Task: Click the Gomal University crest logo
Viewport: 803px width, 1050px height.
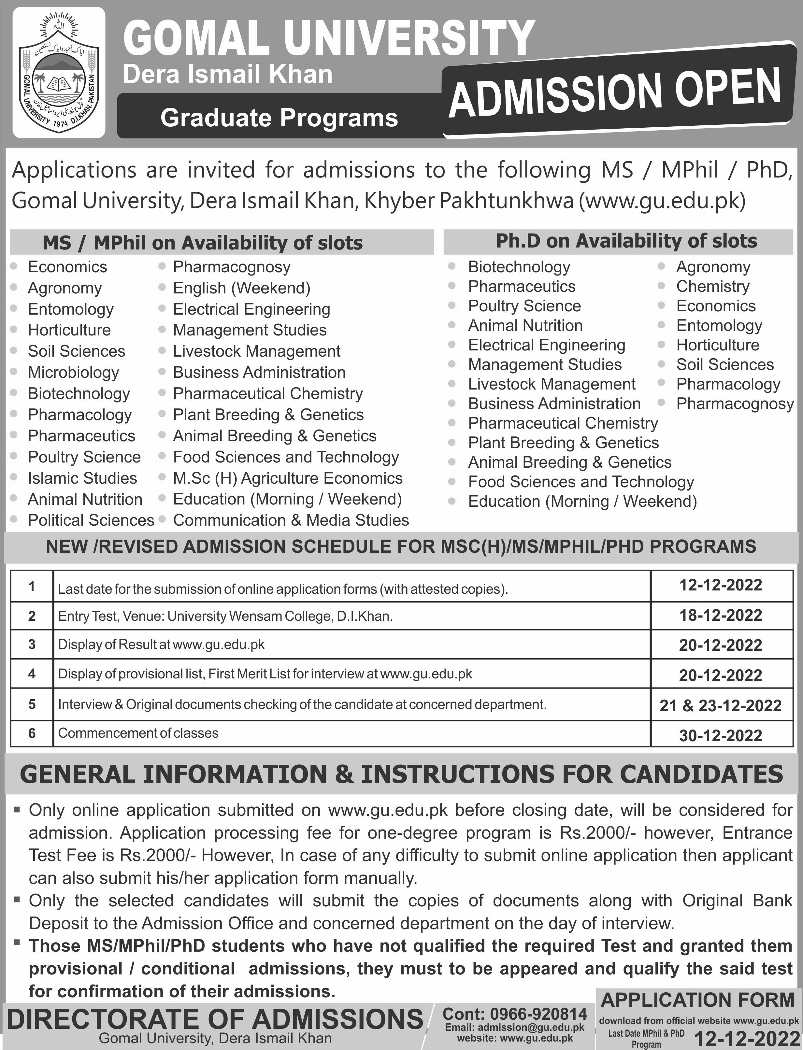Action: click(59, 73)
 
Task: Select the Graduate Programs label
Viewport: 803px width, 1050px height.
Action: click(279, 118)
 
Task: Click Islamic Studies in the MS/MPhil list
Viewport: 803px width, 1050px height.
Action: click(82, 478)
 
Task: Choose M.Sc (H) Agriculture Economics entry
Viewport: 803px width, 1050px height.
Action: click(288, 478)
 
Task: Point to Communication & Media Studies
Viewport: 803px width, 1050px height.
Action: click(291, 520)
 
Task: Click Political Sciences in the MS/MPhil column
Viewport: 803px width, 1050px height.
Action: click(91, 520)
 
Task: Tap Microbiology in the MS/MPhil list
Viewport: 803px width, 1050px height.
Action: click(73, 372)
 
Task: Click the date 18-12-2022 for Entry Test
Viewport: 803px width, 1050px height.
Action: click(721, 615)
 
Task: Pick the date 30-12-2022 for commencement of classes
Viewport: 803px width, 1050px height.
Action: click(721, 735)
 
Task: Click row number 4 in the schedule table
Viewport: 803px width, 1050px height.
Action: click(32, 674)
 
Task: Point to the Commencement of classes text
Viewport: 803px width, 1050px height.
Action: click(138, 733)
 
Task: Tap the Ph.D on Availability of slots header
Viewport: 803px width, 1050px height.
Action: click(626, 241)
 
